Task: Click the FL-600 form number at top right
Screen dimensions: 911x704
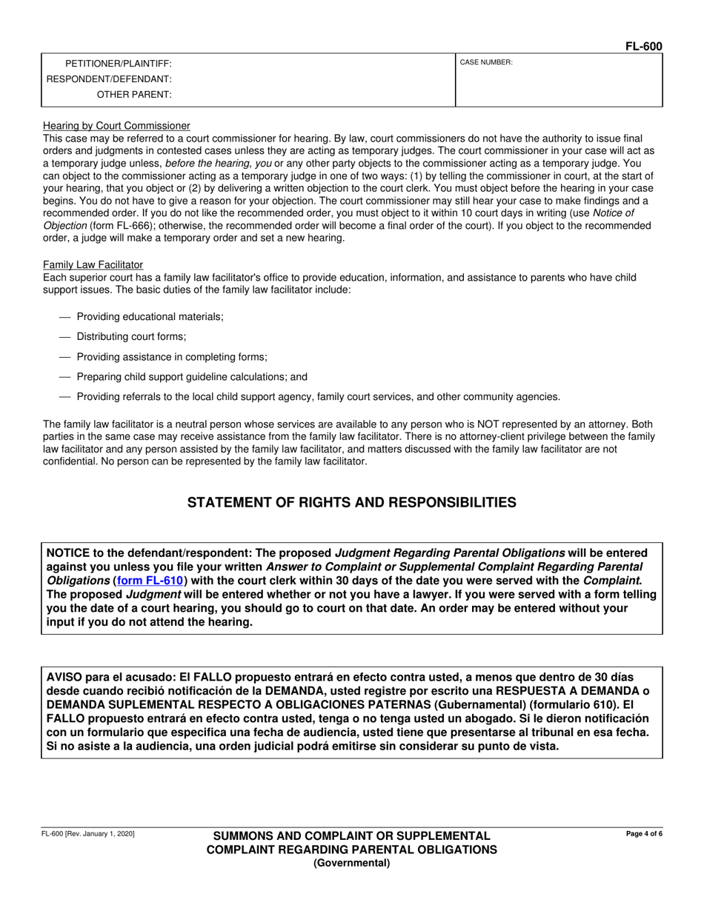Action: (x=643, y=47)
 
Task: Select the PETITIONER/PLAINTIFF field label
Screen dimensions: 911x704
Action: (x=119, y=64)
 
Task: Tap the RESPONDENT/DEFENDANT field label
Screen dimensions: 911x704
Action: (x=109, y=79)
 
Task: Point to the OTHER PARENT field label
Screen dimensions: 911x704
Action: (x=134, y=95)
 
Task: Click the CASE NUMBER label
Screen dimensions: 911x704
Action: (x=486, y=63)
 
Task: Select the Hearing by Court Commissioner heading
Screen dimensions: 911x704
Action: (x=116, y=126)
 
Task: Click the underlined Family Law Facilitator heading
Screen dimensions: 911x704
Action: (x=93, y=264)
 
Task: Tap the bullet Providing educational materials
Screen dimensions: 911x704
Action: (x=150, y=316)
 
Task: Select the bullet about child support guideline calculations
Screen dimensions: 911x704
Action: (x=192, y=376)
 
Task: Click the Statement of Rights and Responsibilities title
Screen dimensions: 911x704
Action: (x=351, y=503)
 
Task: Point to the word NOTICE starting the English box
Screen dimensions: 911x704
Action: (x=68, y=553)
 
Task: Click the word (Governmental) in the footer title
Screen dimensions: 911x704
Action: (x=351, y=863)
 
